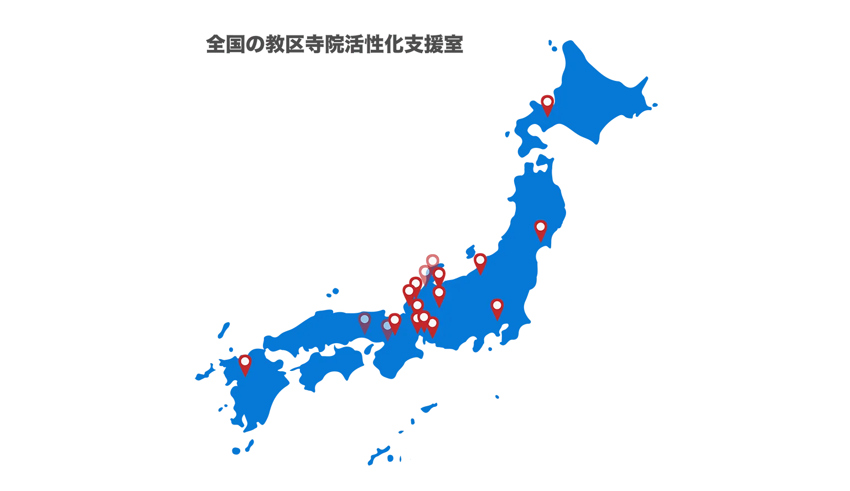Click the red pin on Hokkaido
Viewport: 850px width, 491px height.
click(547, 104)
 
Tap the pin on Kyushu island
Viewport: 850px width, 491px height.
click(245, 364)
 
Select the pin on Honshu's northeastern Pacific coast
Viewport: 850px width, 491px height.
click(540, 229)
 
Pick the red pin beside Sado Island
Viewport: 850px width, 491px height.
click(480, 261)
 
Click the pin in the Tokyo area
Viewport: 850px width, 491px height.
click(497, 307)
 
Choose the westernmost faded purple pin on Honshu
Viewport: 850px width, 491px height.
click(365, 321)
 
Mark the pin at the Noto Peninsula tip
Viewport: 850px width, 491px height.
click(432, 262)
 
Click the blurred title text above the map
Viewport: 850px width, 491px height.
click(334, 44)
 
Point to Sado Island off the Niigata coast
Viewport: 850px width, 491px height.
click(471, 251)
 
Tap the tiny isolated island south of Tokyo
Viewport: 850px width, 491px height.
click(496, 397)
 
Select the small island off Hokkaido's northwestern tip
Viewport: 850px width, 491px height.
click(550, 44)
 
